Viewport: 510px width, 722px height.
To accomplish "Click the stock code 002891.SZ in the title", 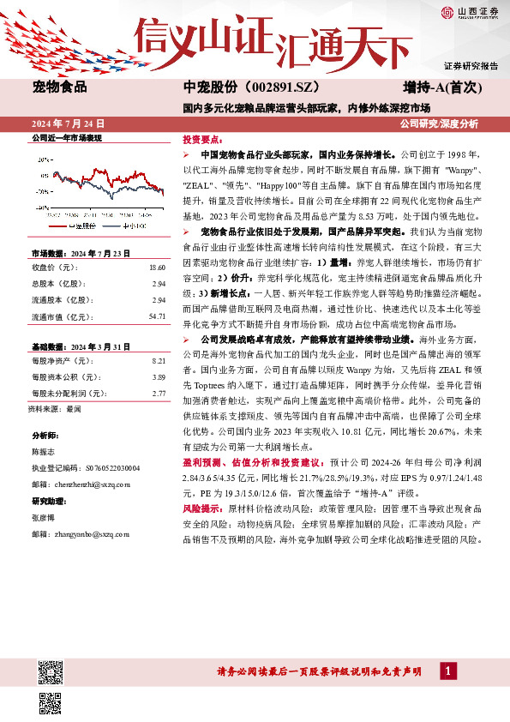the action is [x=285, y=88].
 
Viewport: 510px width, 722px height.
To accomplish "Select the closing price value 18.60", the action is [x=157, y=268].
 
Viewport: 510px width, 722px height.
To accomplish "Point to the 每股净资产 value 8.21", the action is [x=158, y=362].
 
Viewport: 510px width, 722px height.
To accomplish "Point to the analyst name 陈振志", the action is [x=44, y=450].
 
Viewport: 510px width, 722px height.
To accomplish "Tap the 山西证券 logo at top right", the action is [x=471, y=11].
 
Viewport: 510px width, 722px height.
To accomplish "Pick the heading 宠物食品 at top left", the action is [x=57, y=87].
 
